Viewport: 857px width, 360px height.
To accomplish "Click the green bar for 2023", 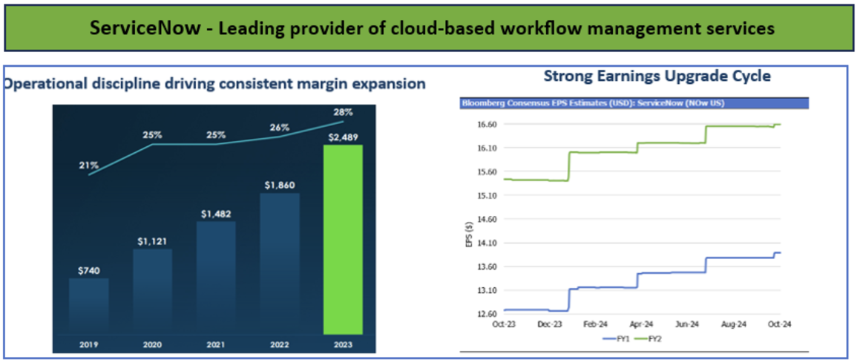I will (343, 245).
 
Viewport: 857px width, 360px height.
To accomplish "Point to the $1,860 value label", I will (280, 183).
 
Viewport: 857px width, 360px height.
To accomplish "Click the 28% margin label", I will (343, 111).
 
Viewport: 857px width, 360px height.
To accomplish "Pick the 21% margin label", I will (88, 164).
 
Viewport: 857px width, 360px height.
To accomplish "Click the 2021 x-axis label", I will (216, 344).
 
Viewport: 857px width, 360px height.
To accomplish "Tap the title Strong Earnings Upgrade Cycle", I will (657, 76).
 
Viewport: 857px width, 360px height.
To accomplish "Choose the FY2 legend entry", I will (652, 338).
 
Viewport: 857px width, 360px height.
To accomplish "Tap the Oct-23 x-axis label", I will (504, 324).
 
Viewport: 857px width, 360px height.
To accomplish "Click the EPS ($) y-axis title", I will (467, 234).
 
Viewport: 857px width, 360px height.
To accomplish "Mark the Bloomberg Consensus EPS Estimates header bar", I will (634, 103).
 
